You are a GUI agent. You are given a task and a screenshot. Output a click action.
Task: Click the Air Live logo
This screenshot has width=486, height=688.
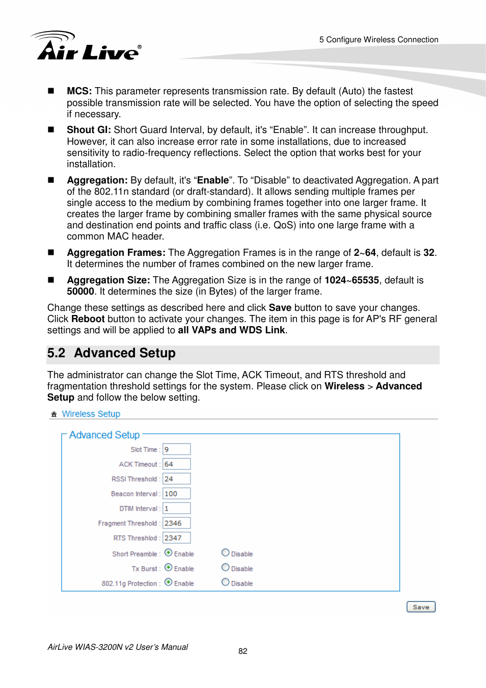[87, 46]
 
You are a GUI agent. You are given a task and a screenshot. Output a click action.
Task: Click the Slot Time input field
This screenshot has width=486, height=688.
[176, 449]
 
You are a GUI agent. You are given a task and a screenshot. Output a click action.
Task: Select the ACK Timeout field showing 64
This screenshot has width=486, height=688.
[176, 464]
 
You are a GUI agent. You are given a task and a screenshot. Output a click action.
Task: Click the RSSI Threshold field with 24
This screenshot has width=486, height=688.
[176, 479]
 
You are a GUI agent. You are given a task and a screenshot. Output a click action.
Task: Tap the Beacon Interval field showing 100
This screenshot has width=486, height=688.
[176, 494]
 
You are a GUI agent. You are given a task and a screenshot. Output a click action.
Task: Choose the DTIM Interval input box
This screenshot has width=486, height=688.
[176, 509]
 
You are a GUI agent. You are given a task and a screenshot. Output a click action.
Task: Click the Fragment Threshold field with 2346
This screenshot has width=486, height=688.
[176, 523]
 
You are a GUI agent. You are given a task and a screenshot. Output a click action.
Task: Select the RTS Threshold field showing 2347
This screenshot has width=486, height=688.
[176, 538]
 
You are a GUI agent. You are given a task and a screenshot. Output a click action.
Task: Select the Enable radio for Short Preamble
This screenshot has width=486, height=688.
[168, 553]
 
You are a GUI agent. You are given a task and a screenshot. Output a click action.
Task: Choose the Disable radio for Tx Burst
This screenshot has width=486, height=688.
[225, 568]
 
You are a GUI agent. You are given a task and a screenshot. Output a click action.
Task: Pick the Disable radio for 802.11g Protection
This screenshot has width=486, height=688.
[225, 583]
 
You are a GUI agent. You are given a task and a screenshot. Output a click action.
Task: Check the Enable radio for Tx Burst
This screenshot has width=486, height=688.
[168, 568]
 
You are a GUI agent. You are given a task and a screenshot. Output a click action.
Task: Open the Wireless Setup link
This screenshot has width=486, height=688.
[91, 414]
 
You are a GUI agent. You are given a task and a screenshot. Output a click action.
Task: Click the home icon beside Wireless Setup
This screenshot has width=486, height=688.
[54, 414]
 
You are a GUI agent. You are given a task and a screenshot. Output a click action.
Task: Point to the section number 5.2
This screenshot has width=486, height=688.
[56, 353]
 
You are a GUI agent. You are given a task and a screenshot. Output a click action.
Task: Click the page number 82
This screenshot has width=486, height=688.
[243, 651]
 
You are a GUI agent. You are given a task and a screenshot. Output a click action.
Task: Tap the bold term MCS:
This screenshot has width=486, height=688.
[79, 91]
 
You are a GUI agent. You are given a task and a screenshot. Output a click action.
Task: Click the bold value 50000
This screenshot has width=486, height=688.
[80, 292]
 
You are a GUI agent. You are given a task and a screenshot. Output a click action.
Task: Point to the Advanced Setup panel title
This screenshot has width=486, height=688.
[104, 435]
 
